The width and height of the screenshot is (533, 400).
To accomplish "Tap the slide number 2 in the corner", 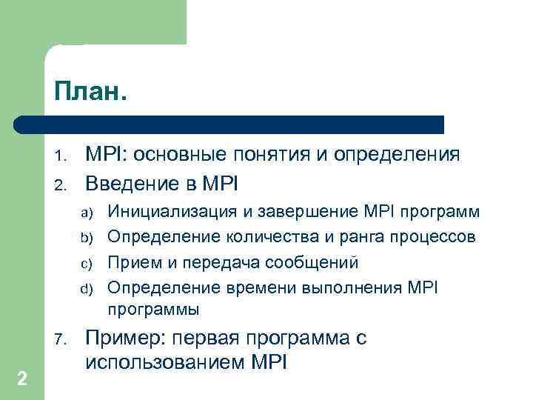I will (x=22, y=379).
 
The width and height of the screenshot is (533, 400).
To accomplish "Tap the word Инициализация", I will (x=167, y=213).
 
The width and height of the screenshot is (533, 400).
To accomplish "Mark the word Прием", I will (x=133, y=263).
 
